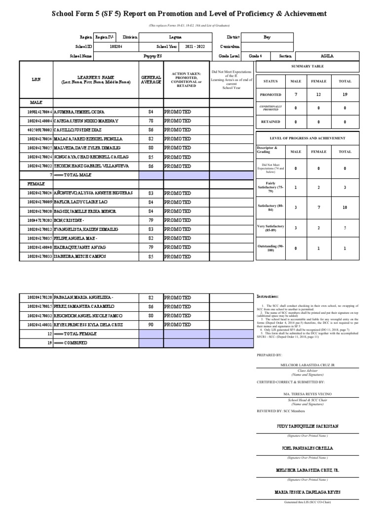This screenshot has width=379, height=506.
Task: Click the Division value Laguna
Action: (175, 37)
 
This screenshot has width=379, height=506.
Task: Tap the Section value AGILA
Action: (327, 56)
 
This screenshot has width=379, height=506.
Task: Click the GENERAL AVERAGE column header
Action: (151, 79)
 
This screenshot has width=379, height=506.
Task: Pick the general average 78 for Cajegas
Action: (151, 121)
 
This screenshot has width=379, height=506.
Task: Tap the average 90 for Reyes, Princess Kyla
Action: (151, 325)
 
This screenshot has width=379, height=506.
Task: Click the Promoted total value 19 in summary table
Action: (345, 94)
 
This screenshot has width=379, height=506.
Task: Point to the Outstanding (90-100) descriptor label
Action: (270, 248)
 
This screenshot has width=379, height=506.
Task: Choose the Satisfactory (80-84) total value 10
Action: (345, 208)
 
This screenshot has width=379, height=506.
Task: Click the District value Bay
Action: (267, 37)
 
